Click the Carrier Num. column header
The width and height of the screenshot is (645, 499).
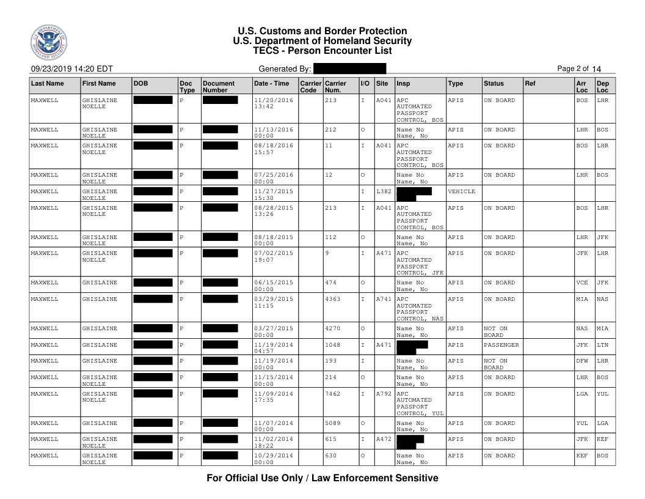pyautogui.click(x=335, y=87)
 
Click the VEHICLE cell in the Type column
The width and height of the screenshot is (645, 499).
pyautogui.click(x=462, y=191)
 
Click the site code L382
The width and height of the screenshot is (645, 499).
pyautogui.click(x=384, y=191)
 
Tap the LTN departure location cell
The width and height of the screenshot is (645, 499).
pyautogui.click(x=603, y=345)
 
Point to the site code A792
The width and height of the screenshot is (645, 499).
pyautogui.click(x=384, y=394)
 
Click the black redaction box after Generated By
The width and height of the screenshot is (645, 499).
pyautogui.click(x=349, y=68)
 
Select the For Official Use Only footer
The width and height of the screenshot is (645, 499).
pyautogui.click(x=322, y=478)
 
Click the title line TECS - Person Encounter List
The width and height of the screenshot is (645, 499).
pyautogui.click(x=322, y=51)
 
